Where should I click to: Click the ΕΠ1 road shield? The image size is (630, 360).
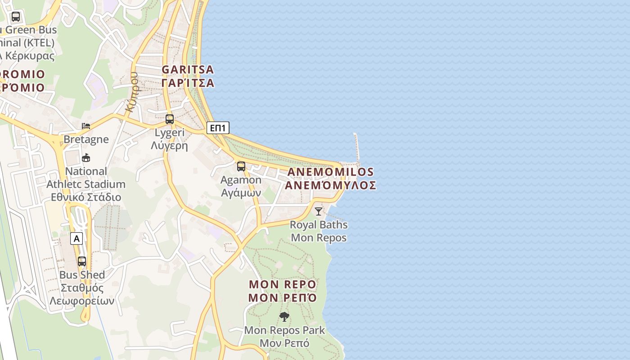218,128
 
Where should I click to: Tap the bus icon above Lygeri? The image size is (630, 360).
170,119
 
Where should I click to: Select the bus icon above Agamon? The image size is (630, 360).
241,166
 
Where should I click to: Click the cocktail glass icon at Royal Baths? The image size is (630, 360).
319,211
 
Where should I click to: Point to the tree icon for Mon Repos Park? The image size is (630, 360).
284,317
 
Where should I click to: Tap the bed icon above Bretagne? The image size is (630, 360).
86,126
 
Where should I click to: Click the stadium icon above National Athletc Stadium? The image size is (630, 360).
86,158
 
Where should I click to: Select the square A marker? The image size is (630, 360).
76,238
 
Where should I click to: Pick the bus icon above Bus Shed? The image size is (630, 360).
82,261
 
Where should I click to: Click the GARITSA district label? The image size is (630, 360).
188,70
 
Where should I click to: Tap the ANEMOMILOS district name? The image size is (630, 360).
330,172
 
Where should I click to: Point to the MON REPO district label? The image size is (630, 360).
283,284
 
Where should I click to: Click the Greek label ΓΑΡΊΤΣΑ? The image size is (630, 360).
188,83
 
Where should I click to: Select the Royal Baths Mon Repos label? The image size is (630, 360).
319,231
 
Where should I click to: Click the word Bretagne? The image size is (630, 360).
86,139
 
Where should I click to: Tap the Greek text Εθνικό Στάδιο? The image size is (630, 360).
86,197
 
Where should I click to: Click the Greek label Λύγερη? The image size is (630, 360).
169,145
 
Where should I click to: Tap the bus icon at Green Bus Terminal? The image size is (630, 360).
16,17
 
